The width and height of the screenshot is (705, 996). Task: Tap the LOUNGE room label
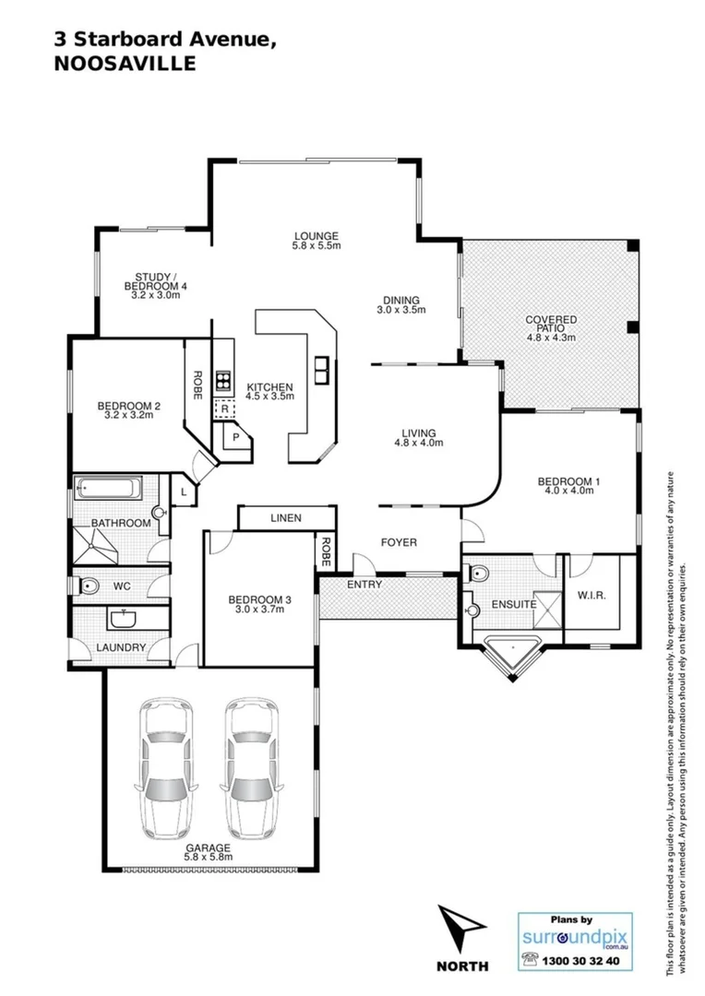pos(317,235)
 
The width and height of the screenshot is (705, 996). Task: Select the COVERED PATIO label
pos(551,320)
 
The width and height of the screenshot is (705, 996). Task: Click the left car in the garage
pos(167,766)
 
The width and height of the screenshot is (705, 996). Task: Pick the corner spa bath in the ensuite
pos(510,655)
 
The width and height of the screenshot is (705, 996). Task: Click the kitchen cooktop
pos(223,380)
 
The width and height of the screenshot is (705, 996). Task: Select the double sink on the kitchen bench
pos(321,369)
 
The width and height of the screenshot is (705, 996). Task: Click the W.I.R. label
pos(591,596)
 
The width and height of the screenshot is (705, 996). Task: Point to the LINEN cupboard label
pos(286,519)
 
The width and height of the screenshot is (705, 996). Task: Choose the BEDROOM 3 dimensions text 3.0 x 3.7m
pos(259,610)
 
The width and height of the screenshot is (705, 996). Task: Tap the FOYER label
pos(399,542)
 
